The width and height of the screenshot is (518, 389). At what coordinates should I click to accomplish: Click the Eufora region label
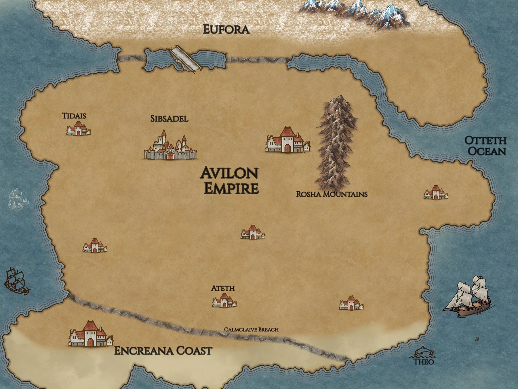point(226,30)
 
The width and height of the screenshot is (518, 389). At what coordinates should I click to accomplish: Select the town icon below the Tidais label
point(78,129)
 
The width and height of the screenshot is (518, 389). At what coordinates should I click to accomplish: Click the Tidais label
point(74,116)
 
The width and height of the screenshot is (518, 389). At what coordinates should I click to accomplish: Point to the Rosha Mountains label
point(332,194)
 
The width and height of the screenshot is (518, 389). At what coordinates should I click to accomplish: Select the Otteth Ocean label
point(486,146)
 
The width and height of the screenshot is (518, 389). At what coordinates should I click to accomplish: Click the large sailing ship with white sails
point(469,297)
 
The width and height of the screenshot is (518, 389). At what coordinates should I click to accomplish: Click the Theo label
point(423,361)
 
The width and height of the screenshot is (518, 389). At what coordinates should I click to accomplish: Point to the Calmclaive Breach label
point(251,329)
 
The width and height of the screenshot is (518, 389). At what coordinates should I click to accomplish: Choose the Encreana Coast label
point(163,351)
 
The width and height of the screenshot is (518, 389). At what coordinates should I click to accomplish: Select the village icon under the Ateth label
point(224,301)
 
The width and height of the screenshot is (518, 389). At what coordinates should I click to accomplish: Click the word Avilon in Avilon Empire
point(229,173)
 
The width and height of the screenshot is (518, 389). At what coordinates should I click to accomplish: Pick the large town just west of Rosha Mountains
point(287,140)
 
